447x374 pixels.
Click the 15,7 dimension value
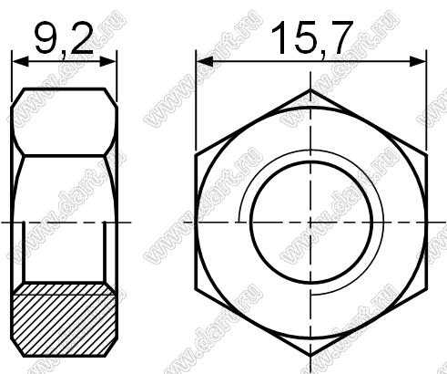point(312,38)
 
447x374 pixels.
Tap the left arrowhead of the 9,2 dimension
point(20,62)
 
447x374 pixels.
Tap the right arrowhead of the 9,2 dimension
point(108,62)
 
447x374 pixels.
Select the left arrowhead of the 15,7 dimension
point(205,62)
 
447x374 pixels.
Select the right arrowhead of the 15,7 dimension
point(418,62)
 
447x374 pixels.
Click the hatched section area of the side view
point(64,320)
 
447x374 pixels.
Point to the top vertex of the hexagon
point(310,89)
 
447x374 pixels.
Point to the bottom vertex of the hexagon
point(310,356)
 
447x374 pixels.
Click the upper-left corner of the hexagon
point(196,156)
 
